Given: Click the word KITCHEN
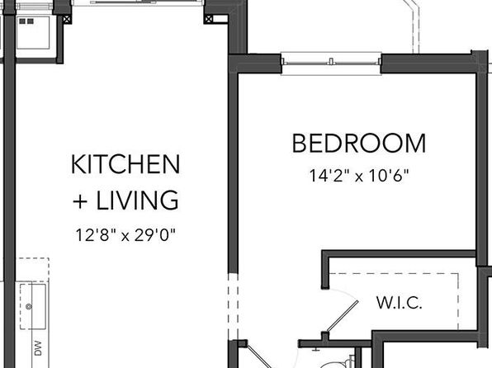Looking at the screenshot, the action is click(x=125, y=164).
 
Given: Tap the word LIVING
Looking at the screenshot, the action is click(x=137, y=200).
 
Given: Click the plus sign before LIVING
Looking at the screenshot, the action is click(x=80, y=201).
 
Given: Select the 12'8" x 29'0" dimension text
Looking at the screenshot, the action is click(x=125, y=235).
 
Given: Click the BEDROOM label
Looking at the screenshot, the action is click(x=359, y=144).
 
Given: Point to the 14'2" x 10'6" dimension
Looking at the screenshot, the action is click(x=359, y=176).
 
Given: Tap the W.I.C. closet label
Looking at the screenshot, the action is click(x=399, y=303).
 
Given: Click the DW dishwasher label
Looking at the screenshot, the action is click(x=38, y=348).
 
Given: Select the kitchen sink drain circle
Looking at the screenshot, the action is click(x=29, y=306).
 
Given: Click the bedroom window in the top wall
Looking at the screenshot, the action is click(x=331, y=63).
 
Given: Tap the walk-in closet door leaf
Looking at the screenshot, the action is click(x=343, y=316).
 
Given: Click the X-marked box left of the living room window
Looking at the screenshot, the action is click(x=67, y=20).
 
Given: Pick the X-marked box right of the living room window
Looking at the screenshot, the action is click(x=208, y=20).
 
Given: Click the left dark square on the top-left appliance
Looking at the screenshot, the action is click(x=22, y=21).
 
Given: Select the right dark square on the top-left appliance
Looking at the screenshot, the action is click(x=31, y=21).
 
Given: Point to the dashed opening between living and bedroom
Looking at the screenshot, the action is click(x=233, y=306).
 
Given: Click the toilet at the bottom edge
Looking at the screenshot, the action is click(x=338, y=364).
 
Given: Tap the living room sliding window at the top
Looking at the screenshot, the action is click(x=138, y=2).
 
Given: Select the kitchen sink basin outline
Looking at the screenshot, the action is click(x=33, y=306).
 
